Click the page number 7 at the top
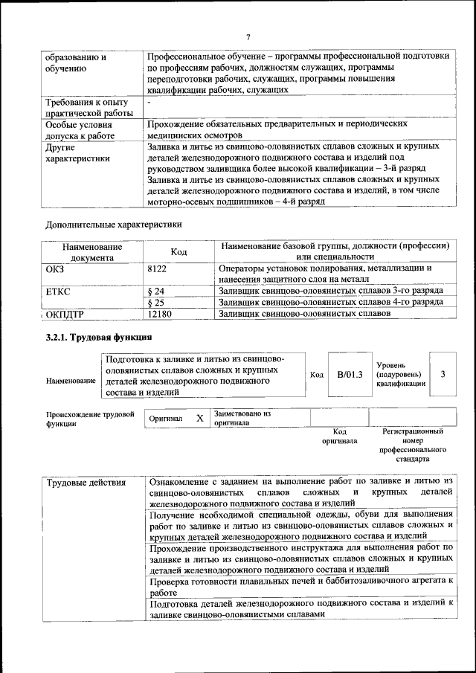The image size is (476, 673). coord(248,37)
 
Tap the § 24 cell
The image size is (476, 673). coord(156,291)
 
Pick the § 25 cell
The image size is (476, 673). coord(156,303)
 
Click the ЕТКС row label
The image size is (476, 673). coord(58,291)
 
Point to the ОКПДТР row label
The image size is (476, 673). coord(65,315)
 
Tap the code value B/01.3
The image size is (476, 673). coord(349,373)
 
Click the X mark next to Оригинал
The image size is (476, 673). coord(199,418)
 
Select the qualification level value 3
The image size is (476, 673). coord(443,373)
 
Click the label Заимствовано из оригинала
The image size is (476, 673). coord(242,417)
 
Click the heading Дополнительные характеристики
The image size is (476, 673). coord(113,224)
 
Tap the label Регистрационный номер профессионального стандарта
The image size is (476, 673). coord(413,445)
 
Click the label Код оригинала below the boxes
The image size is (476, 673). coord(339,436)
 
